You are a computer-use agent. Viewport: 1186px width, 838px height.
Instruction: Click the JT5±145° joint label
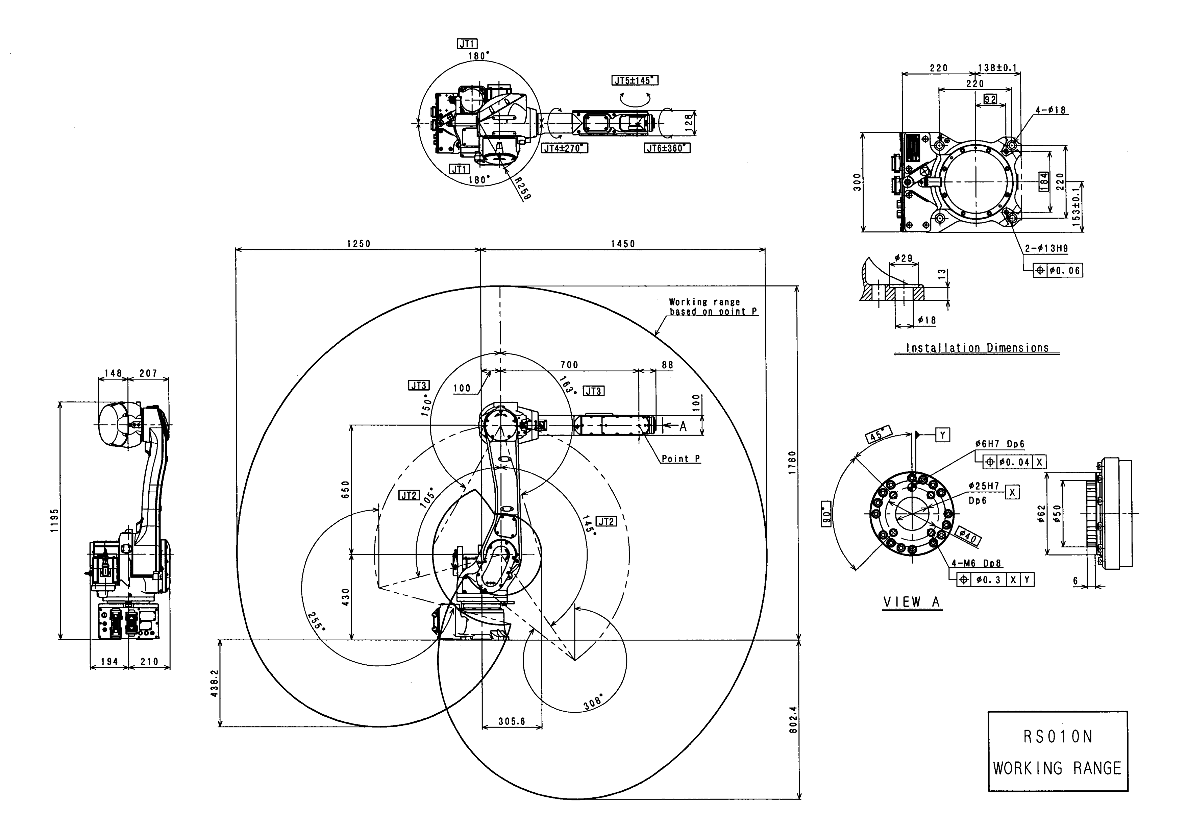635,81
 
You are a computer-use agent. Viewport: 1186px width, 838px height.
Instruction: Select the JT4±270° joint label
565,148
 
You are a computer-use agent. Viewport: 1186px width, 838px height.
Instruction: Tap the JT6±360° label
667,148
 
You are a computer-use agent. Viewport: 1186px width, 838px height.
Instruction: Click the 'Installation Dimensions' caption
977,348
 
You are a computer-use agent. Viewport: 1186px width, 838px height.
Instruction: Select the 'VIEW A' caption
912,602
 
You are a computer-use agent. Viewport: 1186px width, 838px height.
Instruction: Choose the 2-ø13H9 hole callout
1046,248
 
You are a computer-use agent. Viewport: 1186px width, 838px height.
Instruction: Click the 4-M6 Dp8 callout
976,564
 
